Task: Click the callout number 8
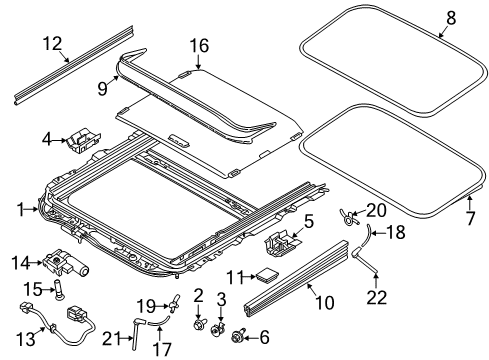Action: (x=451, y=18)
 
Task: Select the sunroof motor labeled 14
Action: (x=65, y=263)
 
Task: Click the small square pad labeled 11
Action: (x=267, y=275)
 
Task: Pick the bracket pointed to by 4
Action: (x=84, y=139)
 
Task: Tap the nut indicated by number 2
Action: (x=199, y=324)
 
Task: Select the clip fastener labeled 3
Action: (x=217, y=329)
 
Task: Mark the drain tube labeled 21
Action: (x=136, y=334)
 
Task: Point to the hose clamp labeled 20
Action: (x=349, y=217)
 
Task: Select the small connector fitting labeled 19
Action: (x=175, y=303)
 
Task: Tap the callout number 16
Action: (x=199, y=46)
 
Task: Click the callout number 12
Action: (x=52, y=44)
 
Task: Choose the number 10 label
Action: (x=324, y=302)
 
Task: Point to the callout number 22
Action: (x=377, y=297)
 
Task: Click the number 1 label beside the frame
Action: (x=21, y=210)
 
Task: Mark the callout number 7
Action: (x=470, y=218)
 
